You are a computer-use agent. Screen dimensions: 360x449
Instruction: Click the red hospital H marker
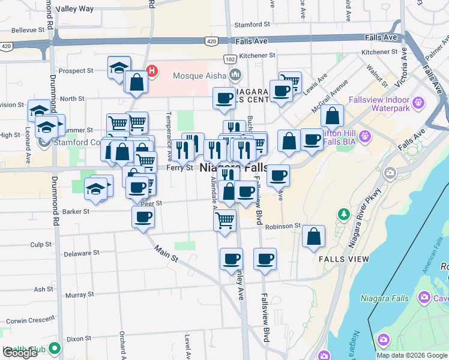tap(152, 71)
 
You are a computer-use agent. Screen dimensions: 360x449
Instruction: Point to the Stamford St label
tap(252, 25)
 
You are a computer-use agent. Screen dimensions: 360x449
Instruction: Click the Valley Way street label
tap(74, 9)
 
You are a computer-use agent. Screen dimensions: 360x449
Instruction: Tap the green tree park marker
tap(343, 214)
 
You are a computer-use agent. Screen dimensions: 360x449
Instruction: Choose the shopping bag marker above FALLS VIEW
tap(313, 236)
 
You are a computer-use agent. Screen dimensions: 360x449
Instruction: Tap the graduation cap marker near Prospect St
tap(119, 67)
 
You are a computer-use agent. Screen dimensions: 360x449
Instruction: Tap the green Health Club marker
tap(55, 347)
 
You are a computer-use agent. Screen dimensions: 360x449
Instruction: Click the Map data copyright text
tap(412, 355)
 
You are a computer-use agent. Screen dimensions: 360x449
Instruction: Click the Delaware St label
tap(81, 254)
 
